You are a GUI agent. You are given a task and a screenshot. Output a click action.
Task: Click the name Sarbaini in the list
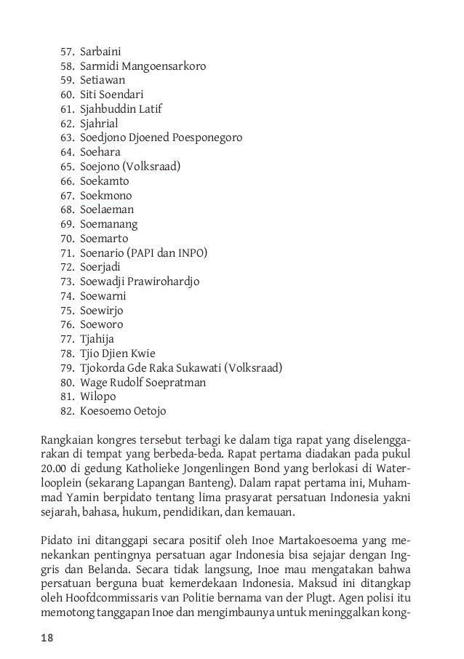click(x=100, y=52)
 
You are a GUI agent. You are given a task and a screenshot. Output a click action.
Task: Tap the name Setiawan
click(x=103, y=81)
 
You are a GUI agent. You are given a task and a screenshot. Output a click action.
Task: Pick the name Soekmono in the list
click(x=105, y=196)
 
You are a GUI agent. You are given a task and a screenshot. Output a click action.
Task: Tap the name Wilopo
click(x=97, y=397)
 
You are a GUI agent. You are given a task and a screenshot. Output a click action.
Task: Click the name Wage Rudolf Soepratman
click(x=143, y=383)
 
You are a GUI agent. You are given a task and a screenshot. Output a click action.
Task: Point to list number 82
click(x=67, y=412)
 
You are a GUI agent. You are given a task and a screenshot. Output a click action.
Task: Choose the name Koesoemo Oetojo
click(x=123, y=412)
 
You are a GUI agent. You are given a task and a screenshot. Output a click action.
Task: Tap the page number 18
click(x=46, y=638)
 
